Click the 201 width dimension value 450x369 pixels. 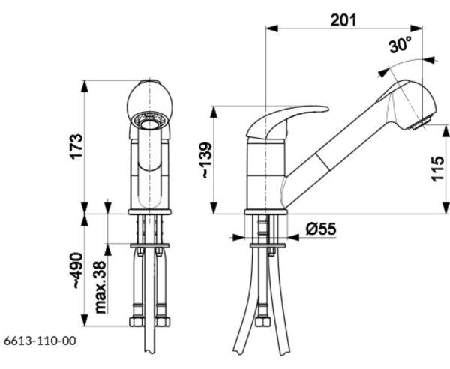[x=343, y=20]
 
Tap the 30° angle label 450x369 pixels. [x=400, y=45]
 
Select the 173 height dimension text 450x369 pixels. [x=76, y=146]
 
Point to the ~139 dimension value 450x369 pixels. [x=207, y=160]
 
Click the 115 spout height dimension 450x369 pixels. [x=438, y=169]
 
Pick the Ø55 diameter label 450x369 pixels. [x=320, y=229]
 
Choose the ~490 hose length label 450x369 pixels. [x=77, y=270]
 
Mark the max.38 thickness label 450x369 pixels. [x=100, y=287]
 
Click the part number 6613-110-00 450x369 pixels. [x=40, y=341]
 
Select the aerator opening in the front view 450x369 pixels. [x=149, y=124]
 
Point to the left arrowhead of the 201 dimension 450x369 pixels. [x=272, y=28]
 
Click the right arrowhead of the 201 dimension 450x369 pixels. [x=416, y=28]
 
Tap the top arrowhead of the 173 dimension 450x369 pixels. [x=85, y=86]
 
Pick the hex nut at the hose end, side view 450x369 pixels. [x=263, y=321]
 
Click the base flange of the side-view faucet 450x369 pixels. [x=266, y=212]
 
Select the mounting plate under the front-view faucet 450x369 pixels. [x=150, y=245]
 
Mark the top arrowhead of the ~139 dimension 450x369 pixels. [x=214, y=112]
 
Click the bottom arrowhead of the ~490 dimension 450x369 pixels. [x=85, y=320]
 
